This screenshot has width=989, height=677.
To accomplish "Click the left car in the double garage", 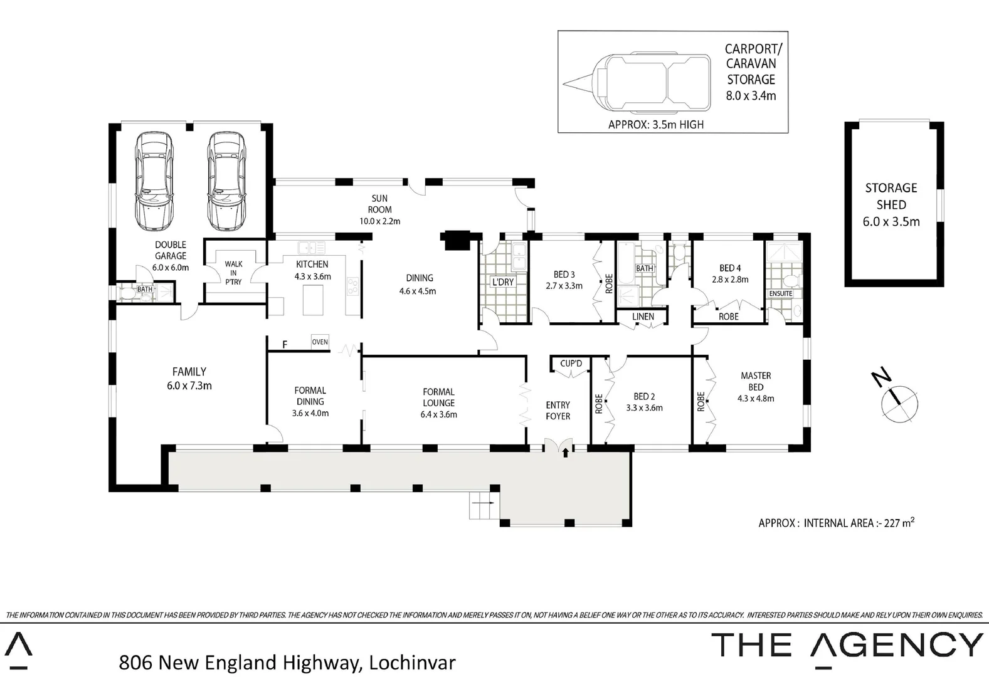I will [154, 181].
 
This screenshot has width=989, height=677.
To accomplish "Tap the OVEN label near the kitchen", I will [320, 342].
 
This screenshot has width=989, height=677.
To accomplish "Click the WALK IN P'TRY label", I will [233, 273].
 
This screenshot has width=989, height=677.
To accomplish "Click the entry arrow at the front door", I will [566, 451].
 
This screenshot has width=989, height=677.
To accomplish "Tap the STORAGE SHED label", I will [891, 196].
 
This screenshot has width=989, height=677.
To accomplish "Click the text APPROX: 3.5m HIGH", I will [656, 125].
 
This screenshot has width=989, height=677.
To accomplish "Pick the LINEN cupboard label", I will [643, 317].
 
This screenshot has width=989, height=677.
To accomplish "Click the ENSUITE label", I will [780, 293].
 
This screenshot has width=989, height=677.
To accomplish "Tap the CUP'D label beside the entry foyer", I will [571, 364].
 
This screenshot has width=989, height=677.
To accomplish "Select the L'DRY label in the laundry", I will [502, 282].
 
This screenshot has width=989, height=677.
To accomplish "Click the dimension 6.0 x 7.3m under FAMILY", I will [189, 386].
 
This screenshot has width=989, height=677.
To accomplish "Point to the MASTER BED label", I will [756, 381].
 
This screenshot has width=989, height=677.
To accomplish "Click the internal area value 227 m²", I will [899, 522].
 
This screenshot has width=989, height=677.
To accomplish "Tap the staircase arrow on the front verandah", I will [482, 503].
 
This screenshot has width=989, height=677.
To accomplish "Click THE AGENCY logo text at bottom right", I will [847, 646].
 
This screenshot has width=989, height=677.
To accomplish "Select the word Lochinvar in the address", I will [413, 662].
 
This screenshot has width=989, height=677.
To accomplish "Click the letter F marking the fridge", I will [285, 345].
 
